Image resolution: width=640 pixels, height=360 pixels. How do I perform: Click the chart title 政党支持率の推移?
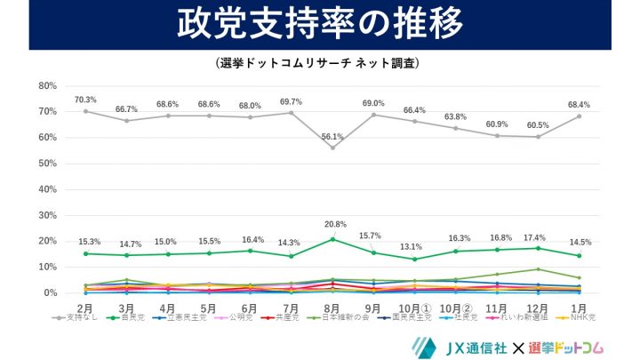point(320,25)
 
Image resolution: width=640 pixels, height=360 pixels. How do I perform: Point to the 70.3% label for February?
point(85,100)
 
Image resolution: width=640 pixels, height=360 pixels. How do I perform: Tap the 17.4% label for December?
point(538,236)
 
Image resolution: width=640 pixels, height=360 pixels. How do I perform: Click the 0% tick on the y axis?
point(49,293)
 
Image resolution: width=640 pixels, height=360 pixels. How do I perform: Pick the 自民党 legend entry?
point(131,317)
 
